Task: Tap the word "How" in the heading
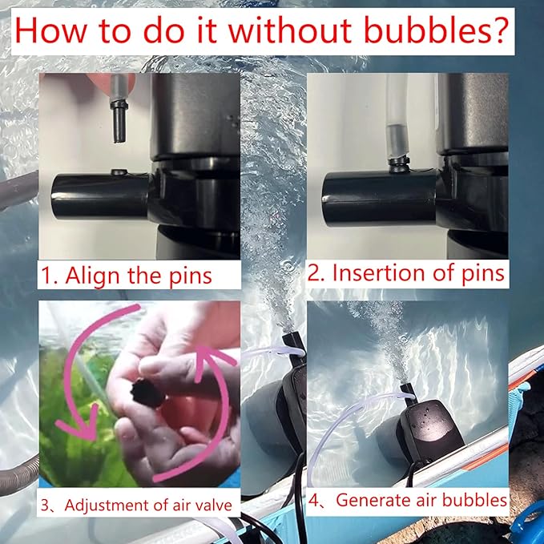tap(49, 31)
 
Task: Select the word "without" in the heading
tap(290, 30)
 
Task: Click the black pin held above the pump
tap(119, 120)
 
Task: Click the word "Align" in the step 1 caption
tap(91, 276)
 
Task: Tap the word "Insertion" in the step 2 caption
tap(378, 272)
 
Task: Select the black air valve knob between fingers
tap(148, 393)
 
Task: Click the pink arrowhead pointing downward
tap(83, 429)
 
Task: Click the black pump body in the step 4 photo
tap(430, 430)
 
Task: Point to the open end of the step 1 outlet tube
tap(55, 196)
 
